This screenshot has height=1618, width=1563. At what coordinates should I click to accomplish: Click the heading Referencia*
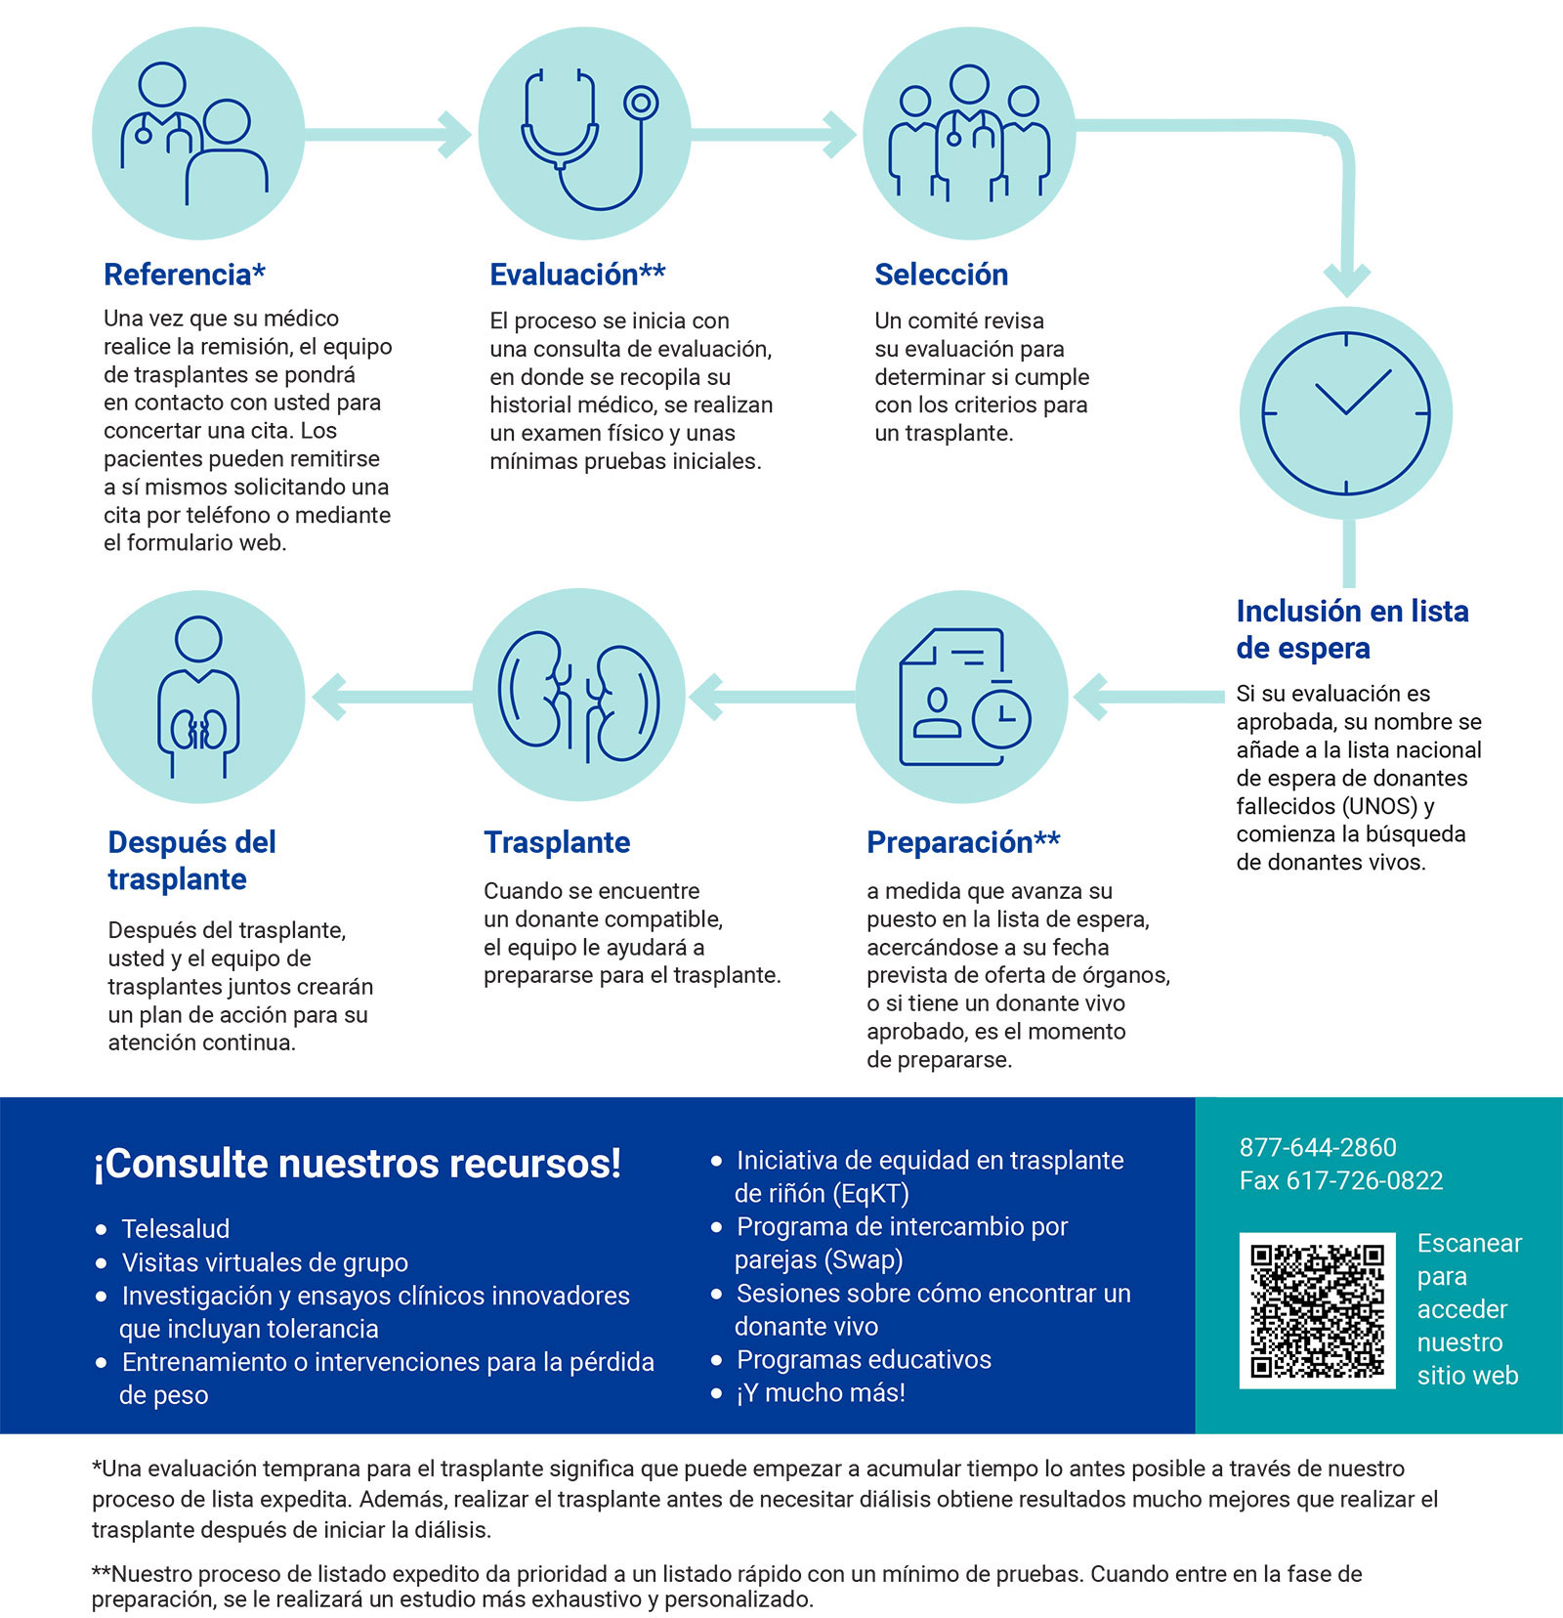tap(185, 275)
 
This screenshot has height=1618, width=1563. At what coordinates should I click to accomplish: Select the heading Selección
tap(941, 275)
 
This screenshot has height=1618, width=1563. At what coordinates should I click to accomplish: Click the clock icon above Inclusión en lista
tap(1345, 412)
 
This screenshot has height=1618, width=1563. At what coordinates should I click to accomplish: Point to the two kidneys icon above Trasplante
tap(579, 696)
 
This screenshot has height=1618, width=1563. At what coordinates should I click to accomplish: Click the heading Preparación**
tap(963, 842)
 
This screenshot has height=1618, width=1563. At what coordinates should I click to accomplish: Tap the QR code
tap(1317, 1310)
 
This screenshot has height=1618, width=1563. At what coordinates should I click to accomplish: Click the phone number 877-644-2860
tap(1317, 1147)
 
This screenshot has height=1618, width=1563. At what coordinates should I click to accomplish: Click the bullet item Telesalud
tap(176, 1228)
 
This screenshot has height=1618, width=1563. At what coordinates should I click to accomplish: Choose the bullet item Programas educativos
tap(864, 1359)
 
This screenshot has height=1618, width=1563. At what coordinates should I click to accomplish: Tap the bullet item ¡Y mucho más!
tap(821, 1392)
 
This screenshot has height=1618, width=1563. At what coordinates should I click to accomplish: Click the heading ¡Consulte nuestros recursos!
tap(357, 1164)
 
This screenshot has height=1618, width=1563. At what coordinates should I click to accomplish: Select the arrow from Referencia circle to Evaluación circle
tap(391, 134)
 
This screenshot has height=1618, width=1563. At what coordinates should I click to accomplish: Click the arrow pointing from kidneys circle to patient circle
tap(391, 697)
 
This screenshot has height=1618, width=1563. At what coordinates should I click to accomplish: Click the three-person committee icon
tap(968, 134)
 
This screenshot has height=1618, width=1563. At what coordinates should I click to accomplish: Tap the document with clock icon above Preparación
tap(962, 696)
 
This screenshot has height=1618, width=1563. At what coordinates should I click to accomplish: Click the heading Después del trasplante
tap(191, 860)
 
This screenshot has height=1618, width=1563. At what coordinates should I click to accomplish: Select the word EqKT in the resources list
tap(870, 1193)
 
